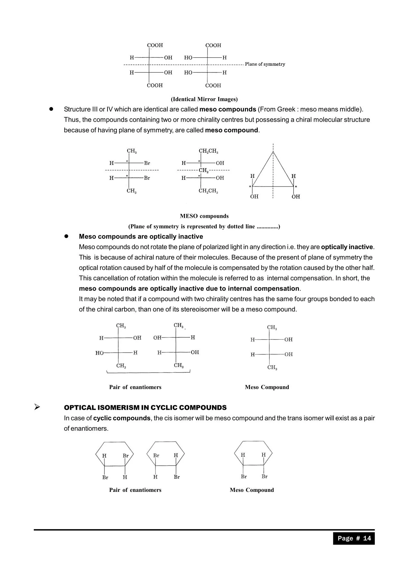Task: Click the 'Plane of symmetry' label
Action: point(265,64)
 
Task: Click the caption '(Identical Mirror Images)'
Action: point(204,99)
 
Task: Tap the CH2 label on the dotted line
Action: point(203,170)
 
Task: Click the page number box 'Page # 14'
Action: point(354,538)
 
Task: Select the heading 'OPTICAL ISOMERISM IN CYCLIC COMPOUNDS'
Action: point(145,407)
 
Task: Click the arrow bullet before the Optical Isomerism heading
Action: point(37,407)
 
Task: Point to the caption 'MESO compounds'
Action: point(204,216)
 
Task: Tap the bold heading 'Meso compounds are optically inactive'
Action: point(141,236)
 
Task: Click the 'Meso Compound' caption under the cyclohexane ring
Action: point(252,490)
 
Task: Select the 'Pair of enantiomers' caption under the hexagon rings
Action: point(135,490)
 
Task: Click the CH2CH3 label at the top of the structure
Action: point(208,151)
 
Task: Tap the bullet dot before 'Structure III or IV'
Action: point(51,109)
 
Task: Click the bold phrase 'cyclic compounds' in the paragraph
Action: point(122,418)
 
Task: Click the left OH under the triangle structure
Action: point(254,196)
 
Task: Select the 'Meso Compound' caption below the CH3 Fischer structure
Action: point(267,387)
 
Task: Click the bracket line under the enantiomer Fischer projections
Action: point(148,373)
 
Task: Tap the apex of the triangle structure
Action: point(273,152)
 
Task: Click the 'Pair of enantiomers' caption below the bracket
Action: point(135,387)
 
